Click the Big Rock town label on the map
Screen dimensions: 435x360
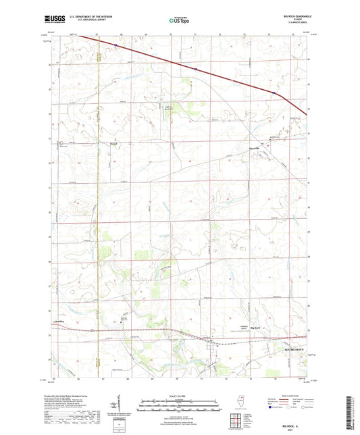[x=256, y=327]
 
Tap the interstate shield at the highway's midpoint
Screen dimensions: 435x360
[x=196, y=68]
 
